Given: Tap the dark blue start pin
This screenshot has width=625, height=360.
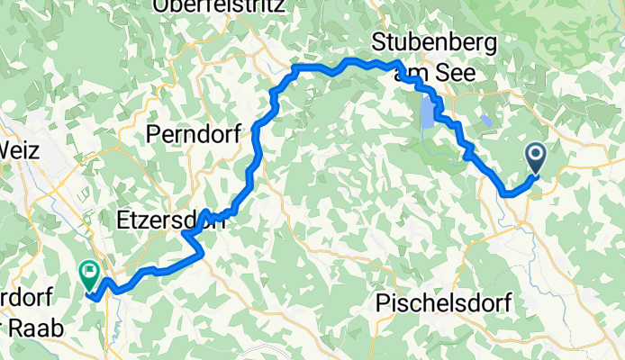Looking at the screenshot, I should pos(535,160).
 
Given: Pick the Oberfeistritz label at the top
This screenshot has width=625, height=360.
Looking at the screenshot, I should pos(221,5).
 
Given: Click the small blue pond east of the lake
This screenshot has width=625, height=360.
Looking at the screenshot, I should pos(486,120).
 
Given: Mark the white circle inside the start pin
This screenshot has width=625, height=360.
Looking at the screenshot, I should pos(535,156).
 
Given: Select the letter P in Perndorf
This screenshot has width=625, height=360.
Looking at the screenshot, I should pos(152,135).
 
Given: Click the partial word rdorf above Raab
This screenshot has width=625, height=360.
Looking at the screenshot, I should pos(27,297).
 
